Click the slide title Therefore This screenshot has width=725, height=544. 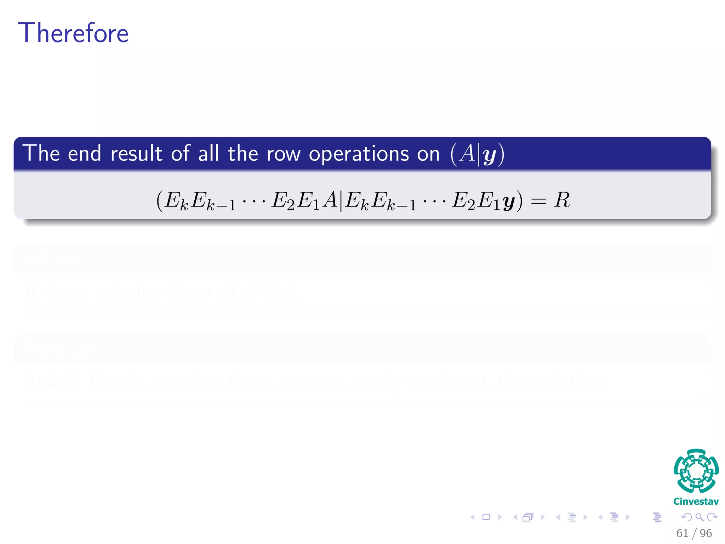point(73,33)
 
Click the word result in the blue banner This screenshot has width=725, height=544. point(136,154)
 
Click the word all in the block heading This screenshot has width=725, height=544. point(209,154)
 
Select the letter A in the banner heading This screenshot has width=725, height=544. point(467,153)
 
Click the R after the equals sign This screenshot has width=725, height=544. point(562,200)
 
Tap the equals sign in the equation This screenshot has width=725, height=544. point(538,202)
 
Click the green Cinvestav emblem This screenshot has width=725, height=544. point(696,471)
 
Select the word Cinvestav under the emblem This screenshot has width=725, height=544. point(696,501)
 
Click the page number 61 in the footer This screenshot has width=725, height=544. point(682,533)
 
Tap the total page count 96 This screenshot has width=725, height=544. point(706,533)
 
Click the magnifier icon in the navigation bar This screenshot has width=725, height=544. point(699,517)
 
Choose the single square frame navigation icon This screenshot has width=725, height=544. point(486,517)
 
